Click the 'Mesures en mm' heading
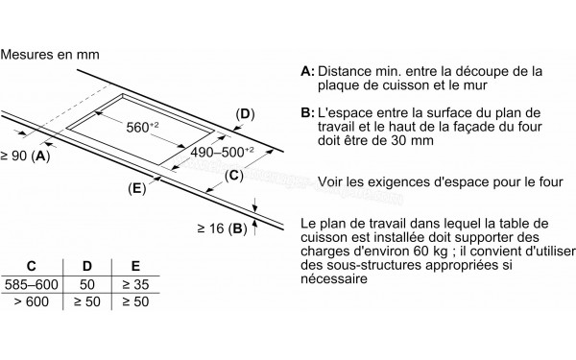[50, 55]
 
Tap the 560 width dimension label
[142, 127]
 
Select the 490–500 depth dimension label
[222, 152]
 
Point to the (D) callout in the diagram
[245, 114]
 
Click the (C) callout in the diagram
[233, 176]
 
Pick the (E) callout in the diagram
[137, 188]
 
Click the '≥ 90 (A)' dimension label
[25, 156]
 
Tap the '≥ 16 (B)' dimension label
[223, 228]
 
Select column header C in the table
[32, 266]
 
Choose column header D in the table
[87, 266]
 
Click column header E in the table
[135, 266]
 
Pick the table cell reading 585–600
[32, 284]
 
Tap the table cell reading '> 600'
[32, 301]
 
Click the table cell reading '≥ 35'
[135, 284]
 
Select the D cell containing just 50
[87, 284]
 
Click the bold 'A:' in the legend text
[307, 71]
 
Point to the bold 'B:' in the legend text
[307, 112]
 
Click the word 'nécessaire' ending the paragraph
[334, 278]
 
